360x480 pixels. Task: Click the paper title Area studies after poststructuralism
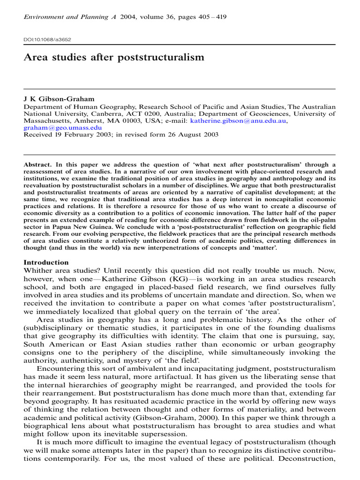tap(114, 58)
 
